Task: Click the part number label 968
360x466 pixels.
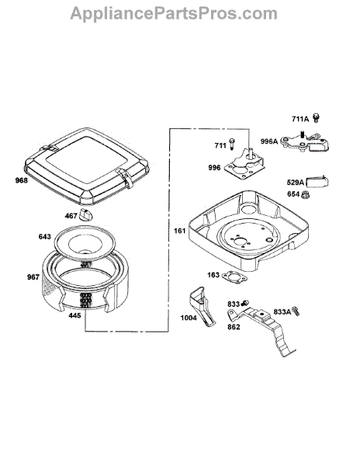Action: pos(22,180)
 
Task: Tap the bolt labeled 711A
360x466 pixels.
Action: pos(317,118)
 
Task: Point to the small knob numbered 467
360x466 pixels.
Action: pos(85,214)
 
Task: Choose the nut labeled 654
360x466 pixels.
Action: pos(304,195)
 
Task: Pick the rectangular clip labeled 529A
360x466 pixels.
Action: pos(317,182)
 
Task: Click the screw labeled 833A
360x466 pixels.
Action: pos(296,311)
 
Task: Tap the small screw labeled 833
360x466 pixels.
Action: pos(244,303)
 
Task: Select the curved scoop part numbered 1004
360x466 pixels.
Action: pos(203,305)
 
